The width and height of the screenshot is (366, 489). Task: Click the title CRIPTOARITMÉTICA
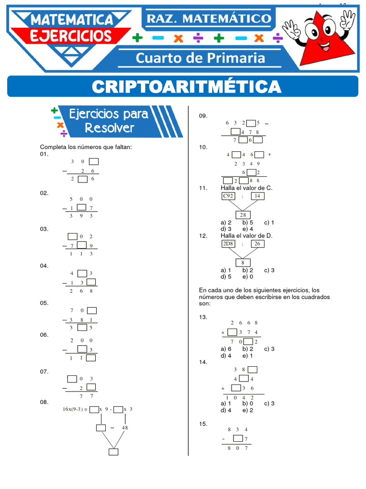tap(186, 86)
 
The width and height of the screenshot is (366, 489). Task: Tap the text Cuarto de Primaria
tap(200, 58)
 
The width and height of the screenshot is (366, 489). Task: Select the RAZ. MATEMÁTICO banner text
tap(208, 19)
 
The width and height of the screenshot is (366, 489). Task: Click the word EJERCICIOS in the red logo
tap(71, 35)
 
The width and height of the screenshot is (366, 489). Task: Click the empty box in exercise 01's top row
tap(94, 161)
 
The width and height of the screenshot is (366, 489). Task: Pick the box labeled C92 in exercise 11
tap(229, 196)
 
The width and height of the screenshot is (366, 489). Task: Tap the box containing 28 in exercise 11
tap(243, 215)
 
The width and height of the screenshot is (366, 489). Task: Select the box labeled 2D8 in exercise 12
tap(228, 244)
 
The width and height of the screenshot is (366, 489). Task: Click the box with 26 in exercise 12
tap(257, 244)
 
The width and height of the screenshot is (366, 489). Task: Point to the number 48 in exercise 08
tap(125, 428)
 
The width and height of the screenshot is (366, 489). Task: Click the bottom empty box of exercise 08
tap(113, 452)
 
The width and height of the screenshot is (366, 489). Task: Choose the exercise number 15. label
tap(203, 424)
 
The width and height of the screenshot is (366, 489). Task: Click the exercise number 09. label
tap(203, 116)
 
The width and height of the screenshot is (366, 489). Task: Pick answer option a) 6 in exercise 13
tap(226, 349)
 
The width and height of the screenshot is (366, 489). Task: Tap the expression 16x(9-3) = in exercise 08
tap(75, 409)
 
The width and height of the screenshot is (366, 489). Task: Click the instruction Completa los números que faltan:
tap(85, 147)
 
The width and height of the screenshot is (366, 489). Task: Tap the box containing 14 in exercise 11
tap(257, 196)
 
